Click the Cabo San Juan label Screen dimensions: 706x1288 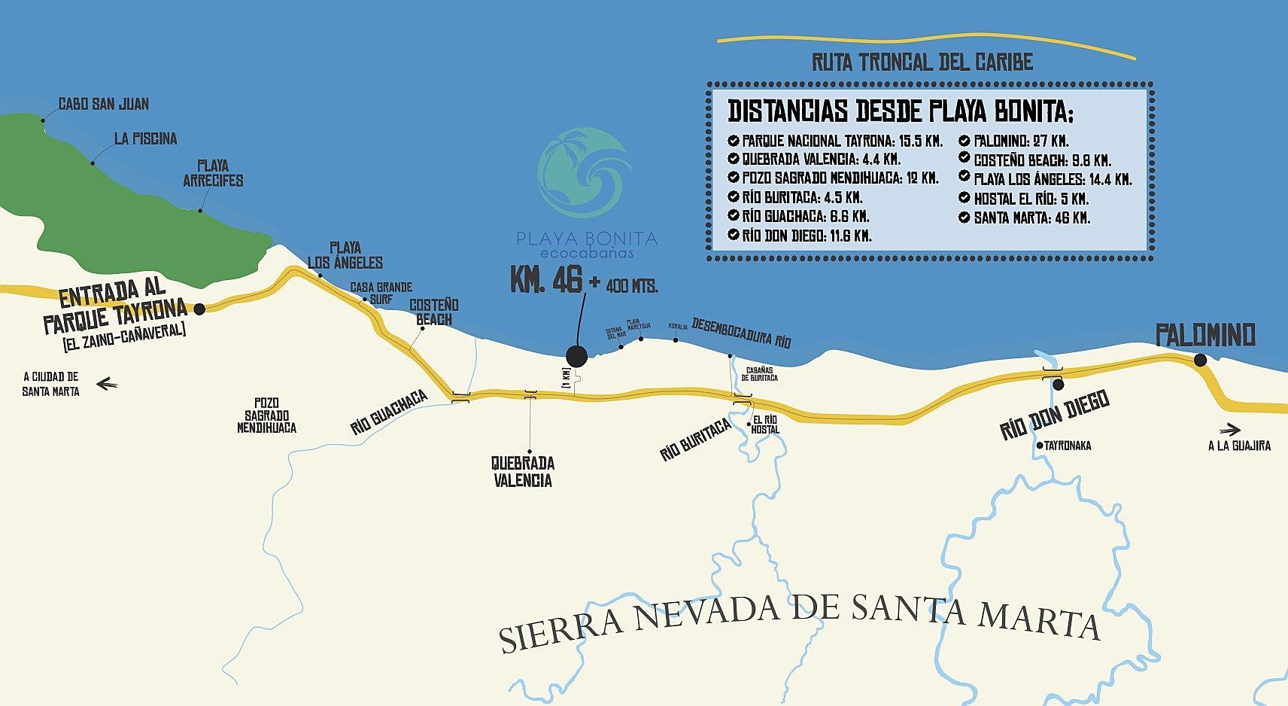click(104, 104)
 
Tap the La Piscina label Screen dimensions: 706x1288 click(146, 139)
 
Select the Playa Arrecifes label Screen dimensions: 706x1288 click(213, 173)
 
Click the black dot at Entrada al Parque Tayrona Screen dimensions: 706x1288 click(199, 309)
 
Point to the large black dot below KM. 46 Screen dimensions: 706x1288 click(576, 357)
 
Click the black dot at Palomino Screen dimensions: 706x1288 click(1200, 361)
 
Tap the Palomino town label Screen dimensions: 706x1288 click(1205, 335)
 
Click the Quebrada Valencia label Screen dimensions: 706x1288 click(524, 472)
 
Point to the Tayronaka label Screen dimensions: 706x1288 click(1068, 446)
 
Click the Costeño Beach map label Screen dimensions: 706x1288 click(433, 312)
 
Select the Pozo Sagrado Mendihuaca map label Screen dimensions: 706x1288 click(266, 415)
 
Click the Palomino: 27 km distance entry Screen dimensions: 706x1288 click(1021, 142)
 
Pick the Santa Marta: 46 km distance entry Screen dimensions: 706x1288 click(1031, 218)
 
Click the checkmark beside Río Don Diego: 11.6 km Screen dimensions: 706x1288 click(734, 236)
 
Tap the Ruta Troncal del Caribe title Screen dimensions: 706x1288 click(922, 62)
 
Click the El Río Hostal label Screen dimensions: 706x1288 click(765, 425)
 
